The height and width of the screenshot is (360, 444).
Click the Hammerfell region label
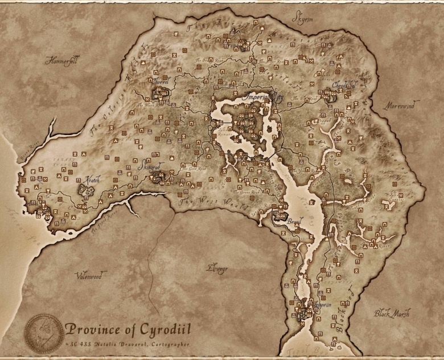(x=61, y=59)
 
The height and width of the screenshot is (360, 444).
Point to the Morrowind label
(x=401, y=106)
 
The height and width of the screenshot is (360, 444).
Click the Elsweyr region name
(x=217, y=268)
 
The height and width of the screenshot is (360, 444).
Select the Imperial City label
(x=262, y=97)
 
